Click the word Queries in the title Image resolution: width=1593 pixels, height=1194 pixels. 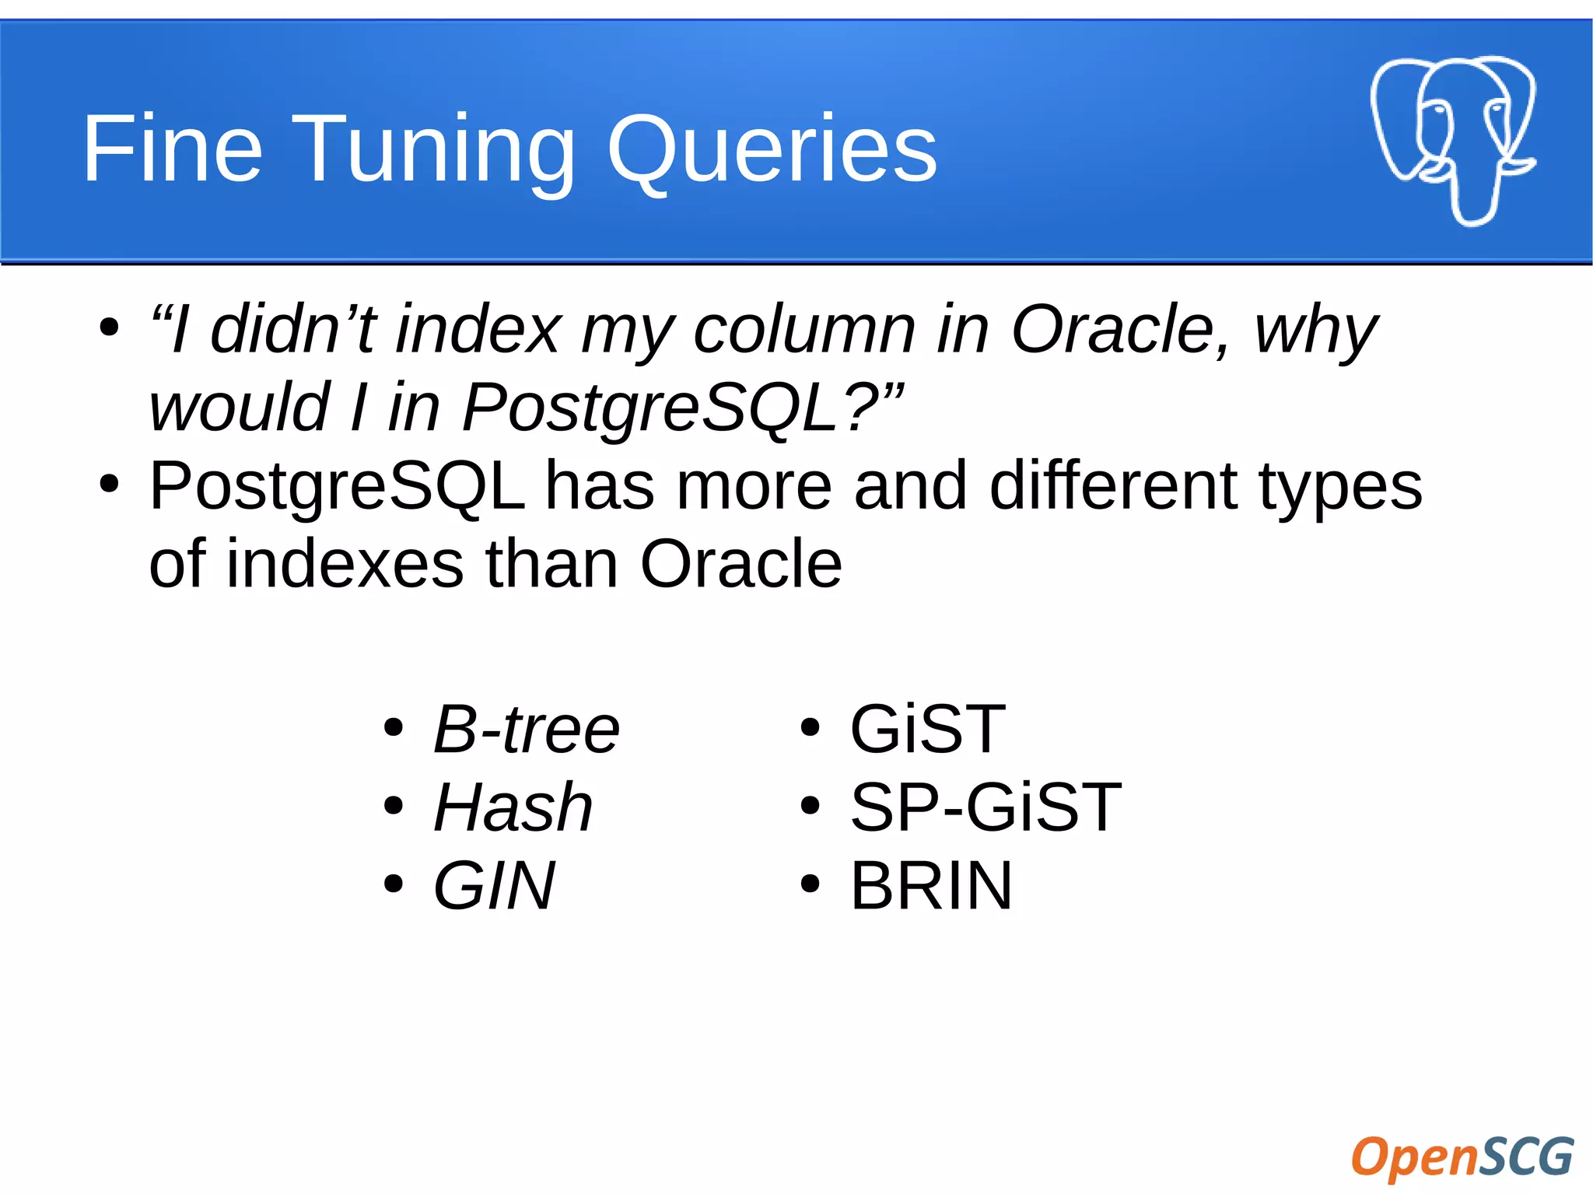coord(772,149)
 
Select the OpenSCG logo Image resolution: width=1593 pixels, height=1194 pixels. coord(1462,1157)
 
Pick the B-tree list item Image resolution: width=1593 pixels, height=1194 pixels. coord(526,730)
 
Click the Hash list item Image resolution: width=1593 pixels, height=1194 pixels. coord(513,807)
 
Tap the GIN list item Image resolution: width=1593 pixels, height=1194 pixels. coord(495,885)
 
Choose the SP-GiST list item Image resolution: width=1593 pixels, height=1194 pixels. coord(986,807)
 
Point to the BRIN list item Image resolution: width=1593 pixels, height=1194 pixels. coord(931,885)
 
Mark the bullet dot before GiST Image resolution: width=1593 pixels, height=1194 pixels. coord(810,729)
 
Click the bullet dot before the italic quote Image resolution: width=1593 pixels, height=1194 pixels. coord(109,327)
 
